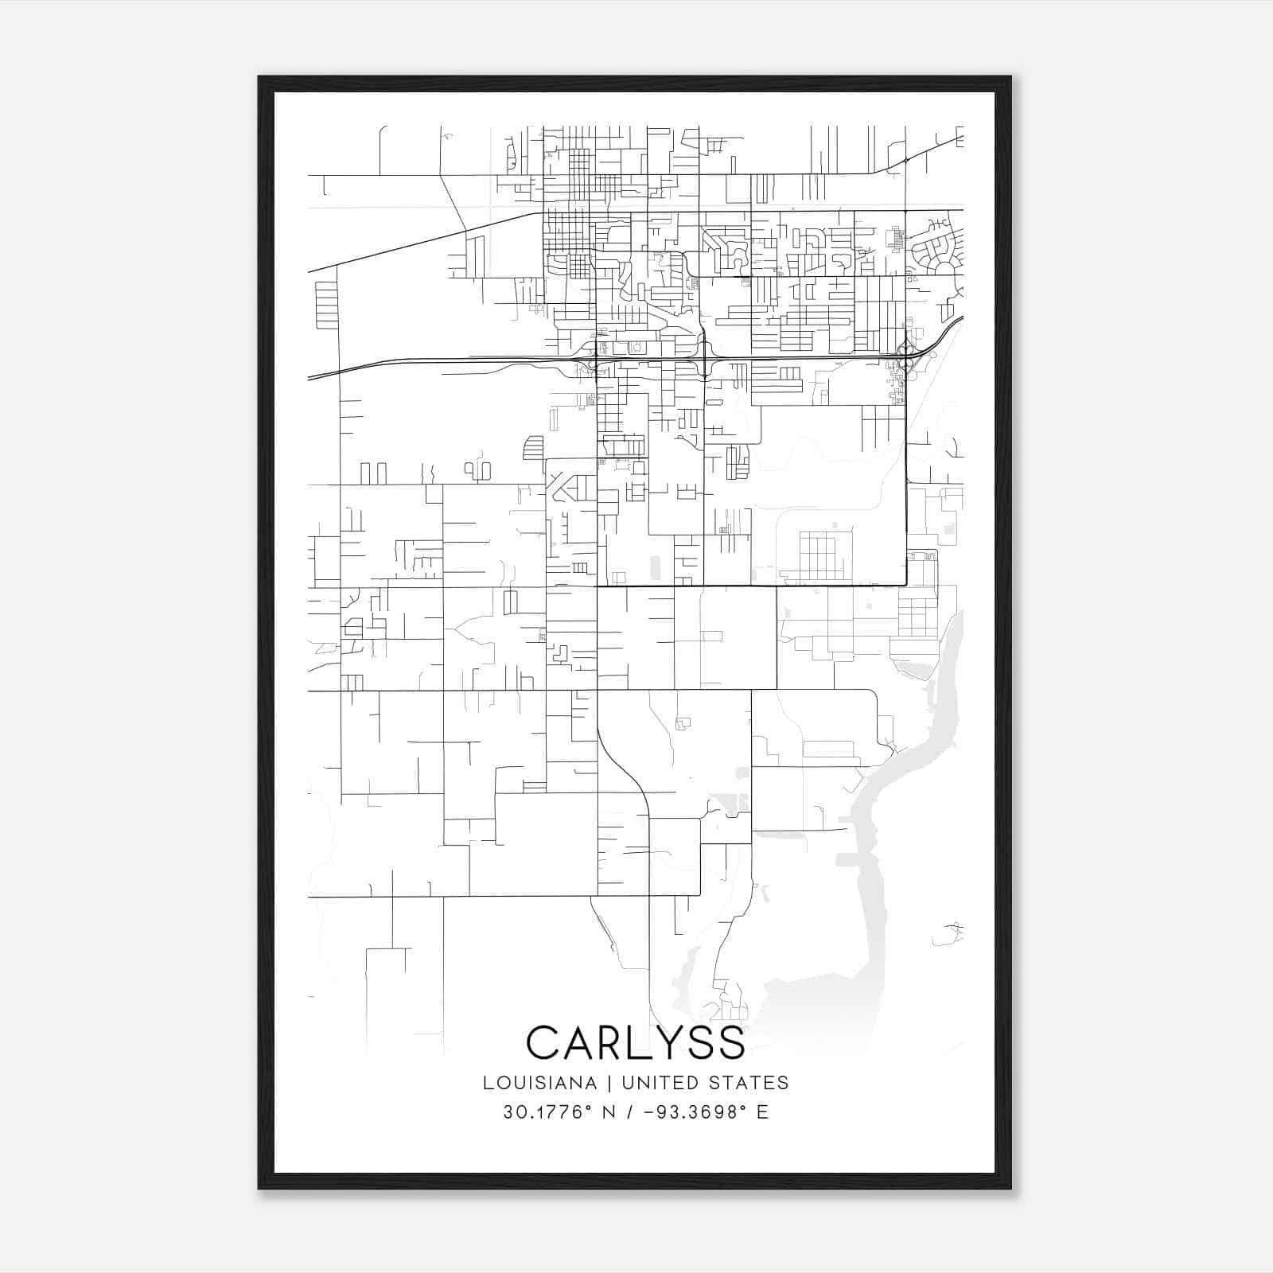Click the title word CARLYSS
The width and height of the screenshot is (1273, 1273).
click(635, 1042)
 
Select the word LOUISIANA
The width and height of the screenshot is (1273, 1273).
click(539, 1083)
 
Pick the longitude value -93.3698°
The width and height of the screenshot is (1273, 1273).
click(695, 1112)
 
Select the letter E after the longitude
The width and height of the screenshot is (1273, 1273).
click(762, 1112)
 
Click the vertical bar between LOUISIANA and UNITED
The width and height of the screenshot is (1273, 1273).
click(609, 1083)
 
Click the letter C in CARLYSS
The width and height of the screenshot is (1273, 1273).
click(543, 1042)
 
